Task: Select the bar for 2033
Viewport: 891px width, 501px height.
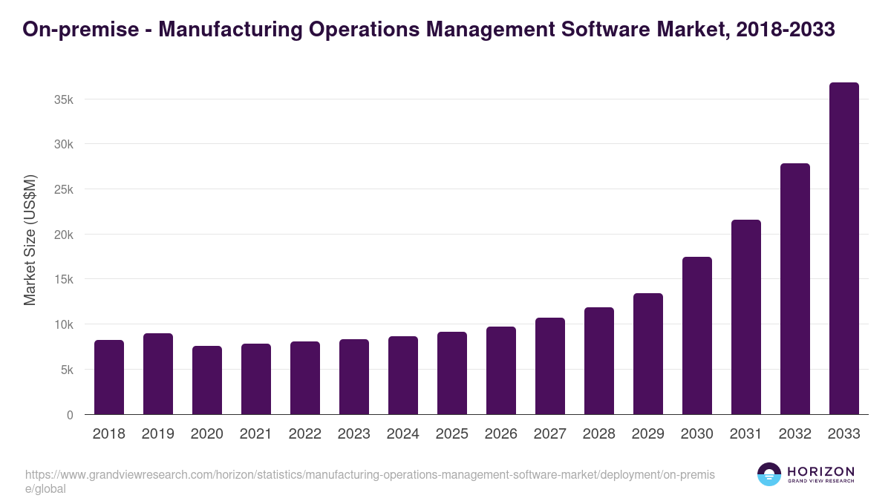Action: (x=843, y=249)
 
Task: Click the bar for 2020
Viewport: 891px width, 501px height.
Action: (x=206, y=380)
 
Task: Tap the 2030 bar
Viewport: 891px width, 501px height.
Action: (x=696, y=335)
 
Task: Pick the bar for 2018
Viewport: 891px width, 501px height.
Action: (x=108, y=377)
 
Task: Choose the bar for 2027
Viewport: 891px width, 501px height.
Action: (x=549, y=366)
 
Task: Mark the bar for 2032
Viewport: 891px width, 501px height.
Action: (x=794, y=289)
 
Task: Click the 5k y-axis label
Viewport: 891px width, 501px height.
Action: (x=67, y=370)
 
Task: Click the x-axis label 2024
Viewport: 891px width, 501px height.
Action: (x=402, y=434)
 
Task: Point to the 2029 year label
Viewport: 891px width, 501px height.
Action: (x=647, y=434)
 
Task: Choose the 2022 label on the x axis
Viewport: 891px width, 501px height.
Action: (x=304, y=434)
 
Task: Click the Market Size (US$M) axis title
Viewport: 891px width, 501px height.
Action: (x=30, y=240)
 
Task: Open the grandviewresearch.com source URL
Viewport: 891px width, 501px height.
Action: (x=369, y=474)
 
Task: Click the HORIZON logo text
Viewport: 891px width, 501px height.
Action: (x=820, y=472)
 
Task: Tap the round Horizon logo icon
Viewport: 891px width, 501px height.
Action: (x=769, y=474)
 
